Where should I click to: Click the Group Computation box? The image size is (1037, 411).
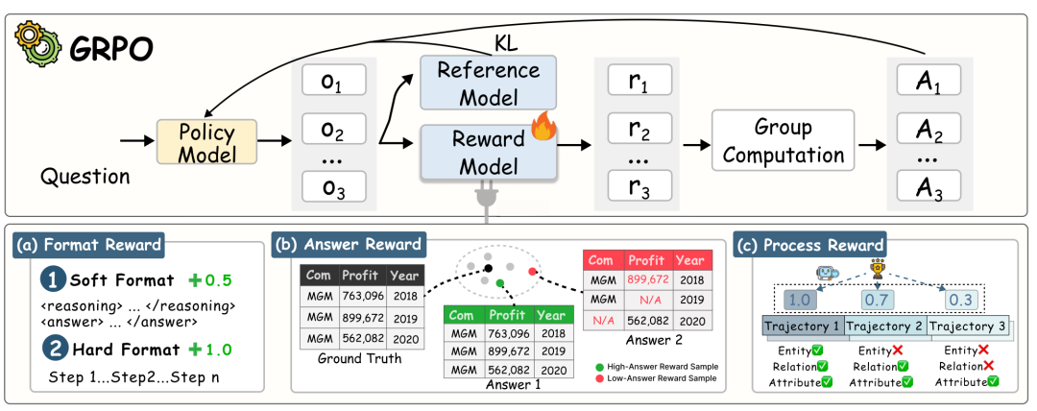(x=782, y=141)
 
